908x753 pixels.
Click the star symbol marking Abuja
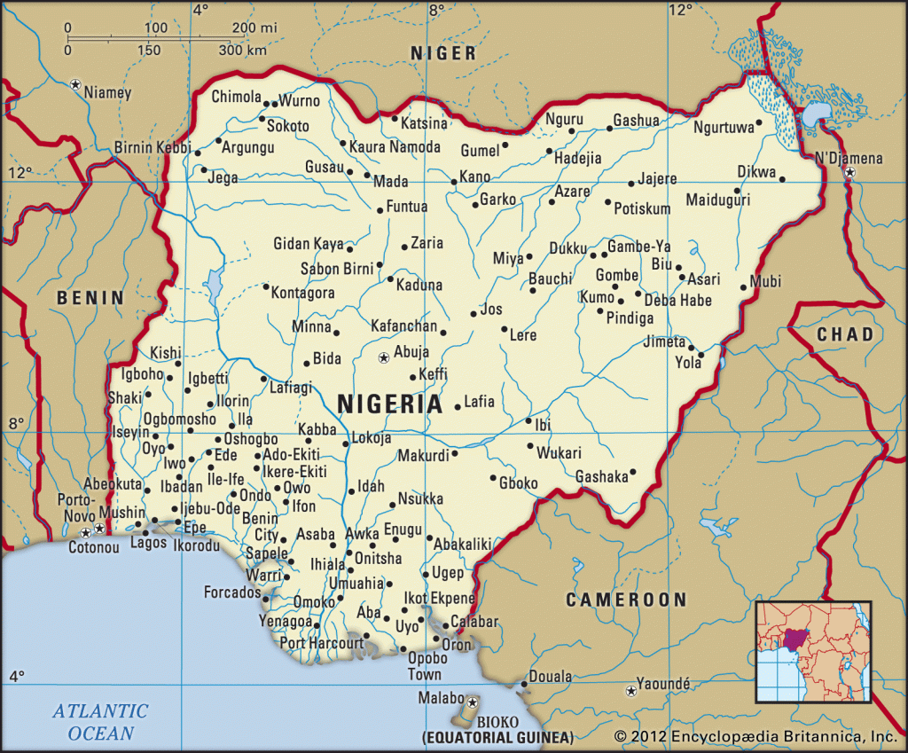tap(383, 358)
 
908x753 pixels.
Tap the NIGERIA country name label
tap(389, 404)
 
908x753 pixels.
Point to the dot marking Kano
tap(453, 182)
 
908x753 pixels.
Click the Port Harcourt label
tap(322, 642)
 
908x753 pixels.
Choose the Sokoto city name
tap(288, 126)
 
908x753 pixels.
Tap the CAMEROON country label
tap(627, 600)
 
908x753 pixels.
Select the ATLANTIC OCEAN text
tap(100, 721)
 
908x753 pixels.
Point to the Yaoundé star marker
tap(630, 690)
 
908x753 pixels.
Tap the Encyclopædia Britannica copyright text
tap(755, 736)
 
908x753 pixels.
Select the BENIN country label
tap(90, 298)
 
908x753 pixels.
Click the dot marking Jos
tap(473, 313)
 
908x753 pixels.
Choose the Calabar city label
tap(474, 622)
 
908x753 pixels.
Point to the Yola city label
tap(688, 362)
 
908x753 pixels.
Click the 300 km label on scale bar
tap(243, 50)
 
